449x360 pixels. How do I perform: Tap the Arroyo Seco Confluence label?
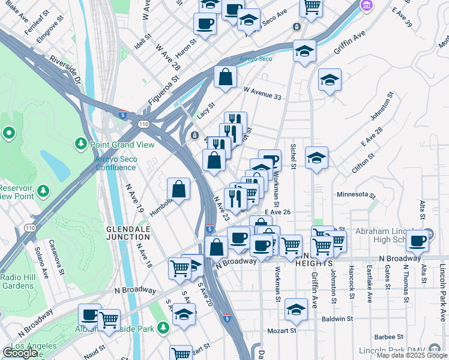(116, 163)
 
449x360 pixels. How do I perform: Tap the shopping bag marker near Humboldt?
(179, 190)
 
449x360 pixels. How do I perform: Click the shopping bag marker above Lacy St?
(225, 77)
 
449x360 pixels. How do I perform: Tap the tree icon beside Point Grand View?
(80, 144)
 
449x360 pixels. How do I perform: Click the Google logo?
(20, 353)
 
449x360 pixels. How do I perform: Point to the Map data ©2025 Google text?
(412, 355)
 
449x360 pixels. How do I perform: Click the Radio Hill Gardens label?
(17, 281)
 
